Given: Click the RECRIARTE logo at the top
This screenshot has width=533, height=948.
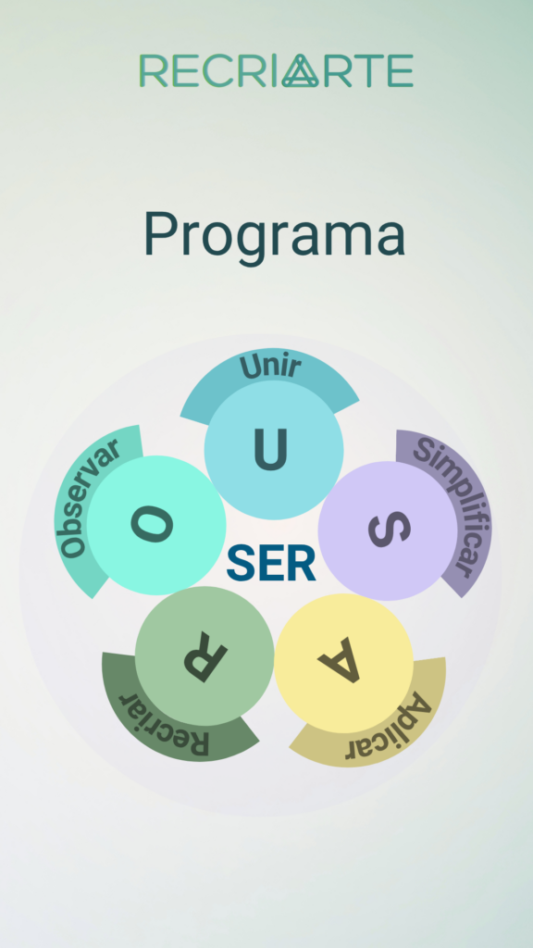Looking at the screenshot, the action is (276, 70).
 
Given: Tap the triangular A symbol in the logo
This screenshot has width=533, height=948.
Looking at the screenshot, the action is (301, 70).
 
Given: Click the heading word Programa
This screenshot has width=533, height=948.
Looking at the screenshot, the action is (274, 236).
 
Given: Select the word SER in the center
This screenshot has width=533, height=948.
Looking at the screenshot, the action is (271, 564).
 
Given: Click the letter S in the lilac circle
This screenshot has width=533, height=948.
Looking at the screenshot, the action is (390, 530).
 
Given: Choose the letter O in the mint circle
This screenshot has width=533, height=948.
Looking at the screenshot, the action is (153, 524).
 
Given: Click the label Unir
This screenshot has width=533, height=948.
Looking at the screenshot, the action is (270, 367).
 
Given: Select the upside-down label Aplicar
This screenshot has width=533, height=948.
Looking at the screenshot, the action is (388, 730).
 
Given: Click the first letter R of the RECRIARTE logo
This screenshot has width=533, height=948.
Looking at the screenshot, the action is (153, 70).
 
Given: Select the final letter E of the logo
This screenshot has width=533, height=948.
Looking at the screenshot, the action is (400, 70).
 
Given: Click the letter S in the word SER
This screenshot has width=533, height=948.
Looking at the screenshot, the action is (242, 564).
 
